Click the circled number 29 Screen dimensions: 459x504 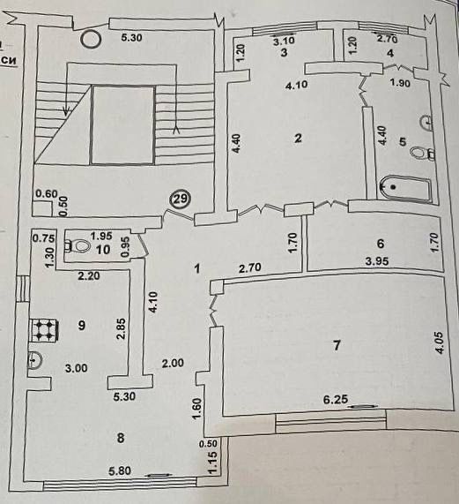(181, 199)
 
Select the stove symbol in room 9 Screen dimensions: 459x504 (44, 330)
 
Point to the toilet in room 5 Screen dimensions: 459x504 (421, 153)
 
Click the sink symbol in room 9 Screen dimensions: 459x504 (34, 359)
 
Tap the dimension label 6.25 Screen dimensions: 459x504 (336, 399)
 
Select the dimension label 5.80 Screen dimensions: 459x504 (120, 470)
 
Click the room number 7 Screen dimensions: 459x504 (337, 345)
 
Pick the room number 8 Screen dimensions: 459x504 (121, 438)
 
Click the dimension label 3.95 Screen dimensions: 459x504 (378, 261)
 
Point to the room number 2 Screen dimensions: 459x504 (299, 139)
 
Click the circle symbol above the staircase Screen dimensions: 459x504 (91, 40)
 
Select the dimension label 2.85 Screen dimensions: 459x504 (122, 329)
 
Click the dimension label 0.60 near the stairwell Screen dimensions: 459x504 (47, 194)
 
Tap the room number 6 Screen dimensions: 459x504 (381, 244)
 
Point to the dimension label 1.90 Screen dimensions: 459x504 (400, 83)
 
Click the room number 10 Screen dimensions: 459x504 (103, 250)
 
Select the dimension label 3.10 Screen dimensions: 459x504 (284, 41)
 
